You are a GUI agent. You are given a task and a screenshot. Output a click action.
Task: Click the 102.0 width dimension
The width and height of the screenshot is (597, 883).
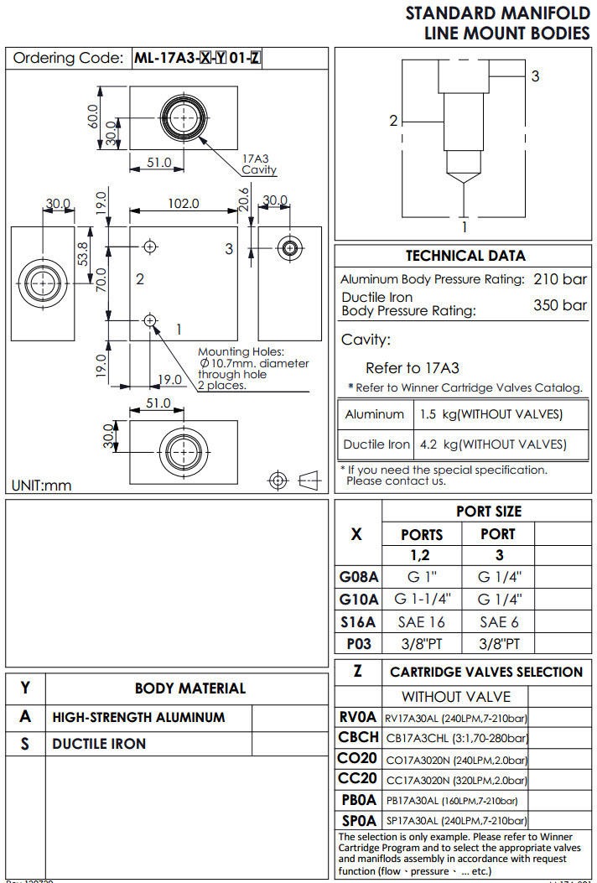184,203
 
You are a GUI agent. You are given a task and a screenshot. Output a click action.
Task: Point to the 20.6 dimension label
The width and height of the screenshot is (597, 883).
243,200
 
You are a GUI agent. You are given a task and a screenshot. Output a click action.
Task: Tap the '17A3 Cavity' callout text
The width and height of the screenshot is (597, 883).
258,164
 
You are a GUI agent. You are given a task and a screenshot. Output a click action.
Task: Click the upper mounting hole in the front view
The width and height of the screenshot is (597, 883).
151,247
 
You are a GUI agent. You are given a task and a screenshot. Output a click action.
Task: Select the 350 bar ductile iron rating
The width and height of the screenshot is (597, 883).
560,304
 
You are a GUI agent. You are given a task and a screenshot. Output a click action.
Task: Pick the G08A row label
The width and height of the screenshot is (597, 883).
359,577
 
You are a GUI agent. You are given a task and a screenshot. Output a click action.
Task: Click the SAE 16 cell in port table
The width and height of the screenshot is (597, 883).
422,621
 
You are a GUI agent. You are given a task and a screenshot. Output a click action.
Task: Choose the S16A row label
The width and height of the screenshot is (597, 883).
359,621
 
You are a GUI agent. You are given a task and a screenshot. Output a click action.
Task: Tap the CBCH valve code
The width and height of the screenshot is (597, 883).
358,737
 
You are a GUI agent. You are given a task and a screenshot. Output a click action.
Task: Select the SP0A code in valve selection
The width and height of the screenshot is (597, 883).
358,820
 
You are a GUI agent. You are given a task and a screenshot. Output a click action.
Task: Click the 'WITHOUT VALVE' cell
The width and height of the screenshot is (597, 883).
455,696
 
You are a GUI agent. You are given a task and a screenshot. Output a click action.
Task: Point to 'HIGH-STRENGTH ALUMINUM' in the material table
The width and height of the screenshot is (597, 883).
138,717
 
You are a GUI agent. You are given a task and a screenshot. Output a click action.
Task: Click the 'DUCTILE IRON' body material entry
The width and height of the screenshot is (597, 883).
99,744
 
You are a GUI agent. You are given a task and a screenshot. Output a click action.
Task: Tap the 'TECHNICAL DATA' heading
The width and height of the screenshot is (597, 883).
465,256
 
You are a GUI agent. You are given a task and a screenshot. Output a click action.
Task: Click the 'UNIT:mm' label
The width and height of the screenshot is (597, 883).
42,485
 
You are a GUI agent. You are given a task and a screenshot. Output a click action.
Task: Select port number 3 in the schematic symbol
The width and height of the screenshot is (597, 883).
535,75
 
